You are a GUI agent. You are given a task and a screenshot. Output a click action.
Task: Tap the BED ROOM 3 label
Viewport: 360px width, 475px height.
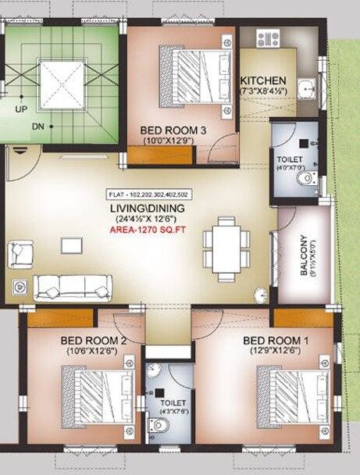[172, 130]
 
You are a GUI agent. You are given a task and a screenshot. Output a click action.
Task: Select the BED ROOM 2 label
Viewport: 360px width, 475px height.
[93, 341]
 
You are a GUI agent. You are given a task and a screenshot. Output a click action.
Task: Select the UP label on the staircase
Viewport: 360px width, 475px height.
[21, 109]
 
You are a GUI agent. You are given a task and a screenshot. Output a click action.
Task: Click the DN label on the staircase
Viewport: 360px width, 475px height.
[37, 125]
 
